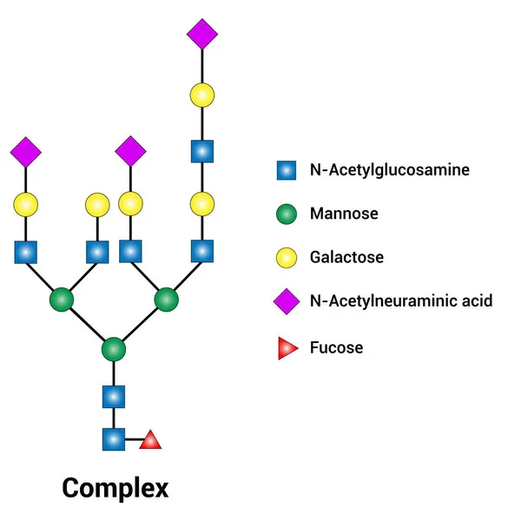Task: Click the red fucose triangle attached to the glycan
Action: [x=151, y=440]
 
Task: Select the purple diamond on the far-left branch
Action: [x=26, y=152]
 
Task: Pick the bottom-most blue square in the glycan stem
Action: [x=114, y=439]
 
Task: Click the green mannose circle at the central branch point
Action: [x=114, y=350]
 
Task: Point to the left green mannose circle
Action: [x=61, y=300]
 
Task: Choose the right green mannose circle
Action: [x=167, y=300]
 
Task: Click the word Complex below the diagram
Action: [x=115, y=487]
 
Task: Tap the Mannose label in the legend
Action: [x=344, y=214]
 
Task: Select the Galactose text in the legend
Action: [x=346, y=258]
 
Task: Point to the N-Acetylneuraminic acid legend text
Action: [x=401, y=301]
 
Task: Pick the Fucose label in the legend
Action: [x=336, y=348]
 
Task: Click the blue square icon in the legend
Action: [x=287, y=169]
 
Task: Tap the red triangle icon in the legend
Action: [x=287, y=349]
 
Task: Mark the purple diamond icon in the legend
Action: [x=287, y=301]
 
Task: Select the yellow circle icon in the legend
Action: [x=287, y=258]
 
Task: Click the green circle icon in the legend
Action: [x=287, y=214]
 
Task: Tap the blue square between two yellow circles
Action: [x=201, y=151]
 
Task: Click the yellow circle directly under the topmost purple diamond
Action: [x=201, y=94]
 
